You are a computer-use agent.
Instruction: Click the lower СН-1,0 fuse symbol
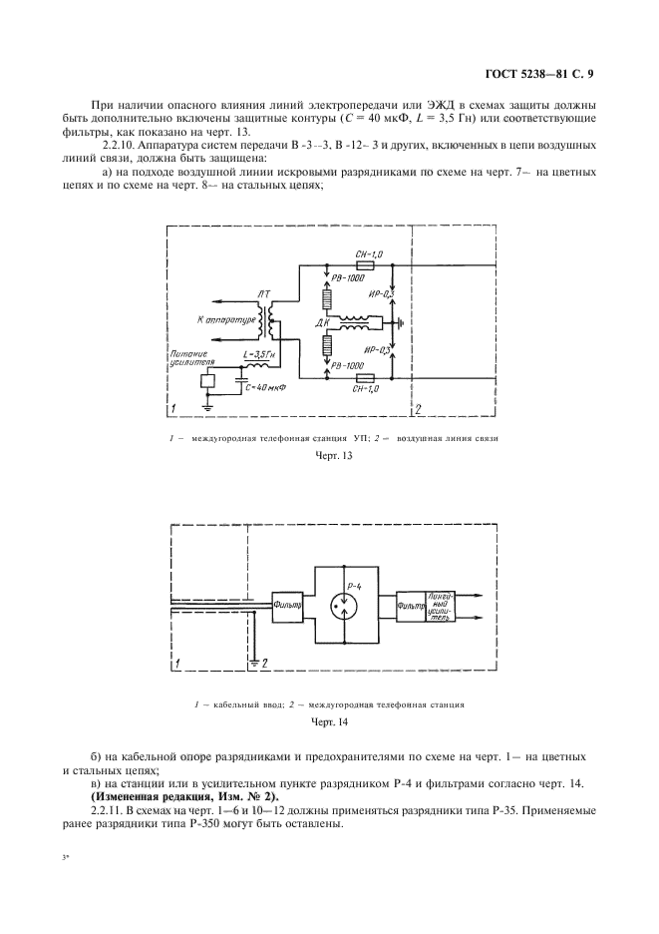coord(365,379)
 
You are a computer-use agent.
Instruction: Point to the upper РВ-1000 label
coord(348,281)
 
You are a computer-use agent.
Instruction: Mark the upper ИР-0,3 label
coord(410,294)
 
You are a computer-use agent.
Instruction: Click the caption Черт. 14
coord(329,719)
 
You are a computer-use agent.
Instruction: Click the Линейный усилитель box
coord(441,604)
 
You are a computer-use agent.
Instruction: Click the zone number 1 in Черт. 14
coord(177,663)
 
